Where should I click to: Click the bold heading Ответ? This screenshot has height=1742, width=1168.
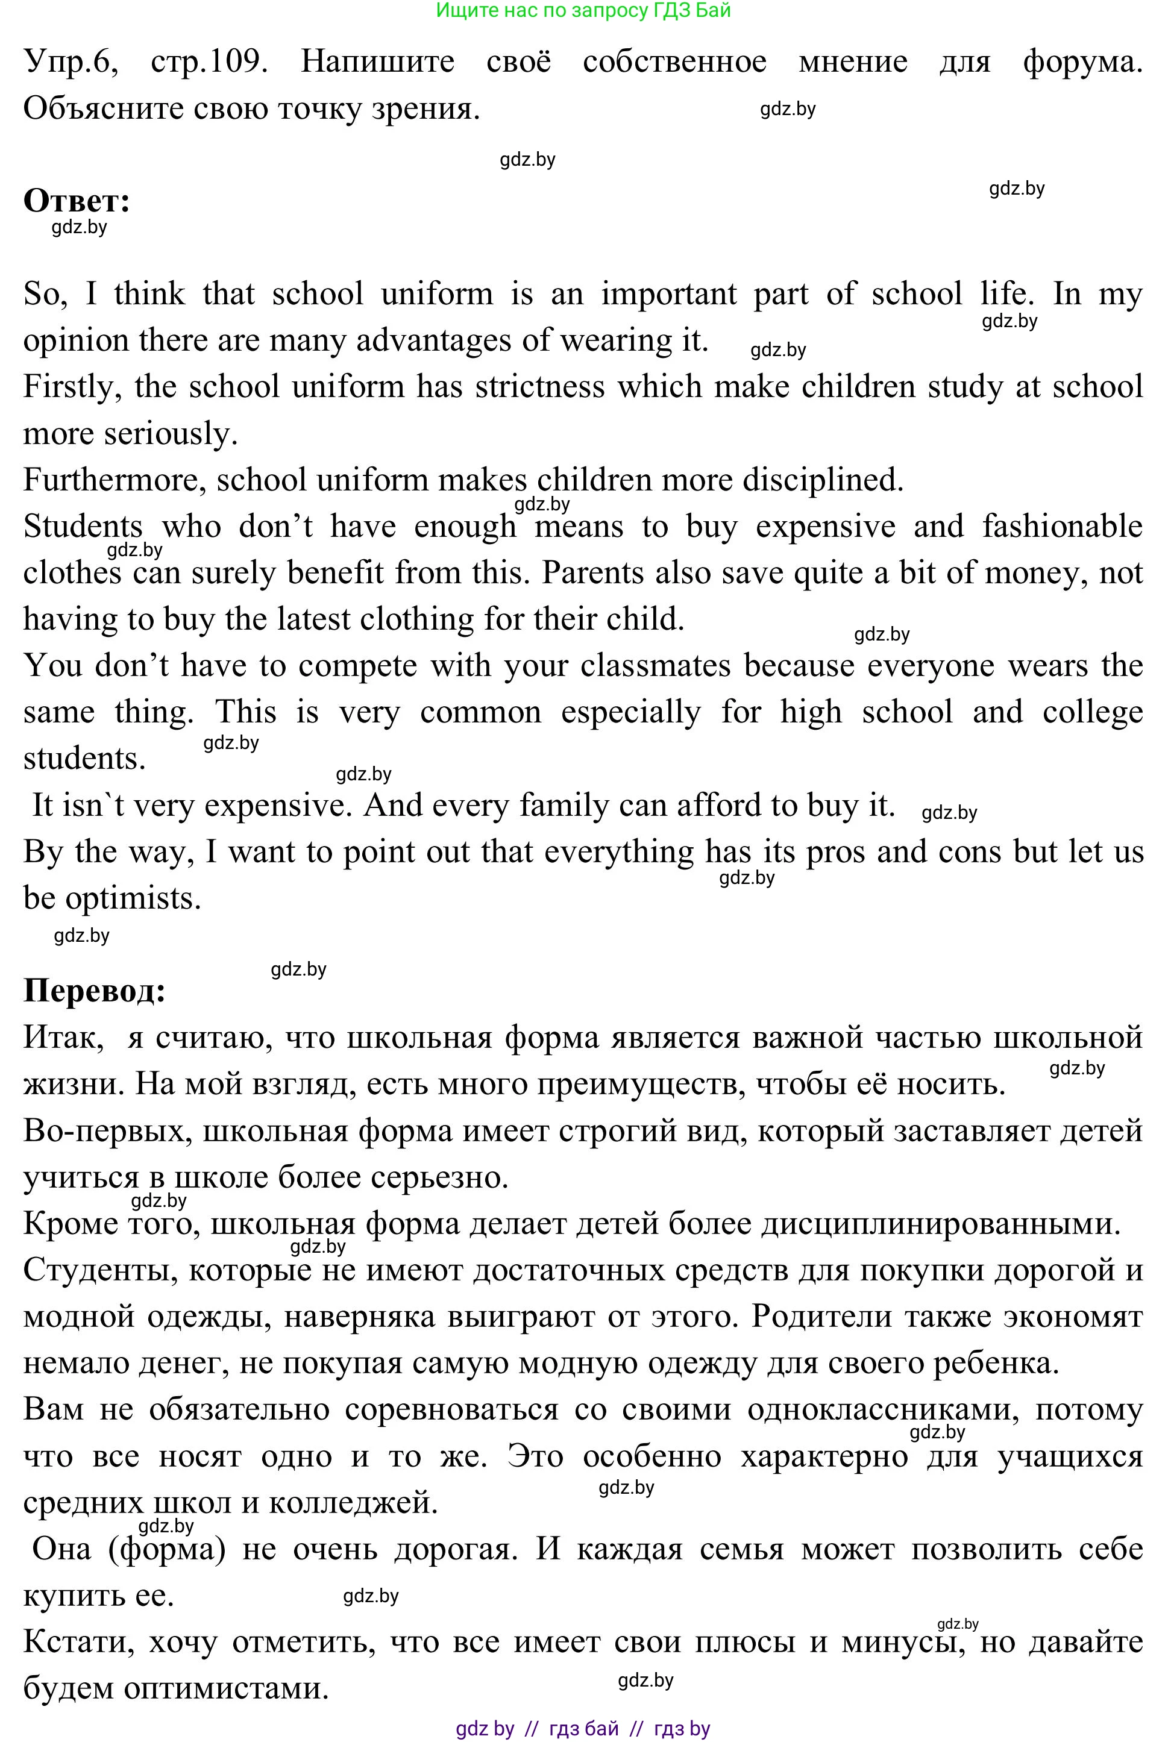tap(77, 201)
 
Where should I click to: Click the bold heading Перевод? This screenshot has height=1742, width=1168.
tap(95, 991)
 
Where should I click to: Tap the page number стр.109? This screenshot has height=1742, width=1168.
tap(209, 62)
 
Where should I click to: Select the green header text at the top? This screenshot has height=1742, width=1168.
tap(583, 10)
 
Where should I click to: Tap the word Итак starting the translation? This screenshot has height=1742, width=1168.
tap(63, 1038)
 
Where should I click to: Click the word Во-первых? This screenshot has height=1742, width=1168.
tap(107, 1131)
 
